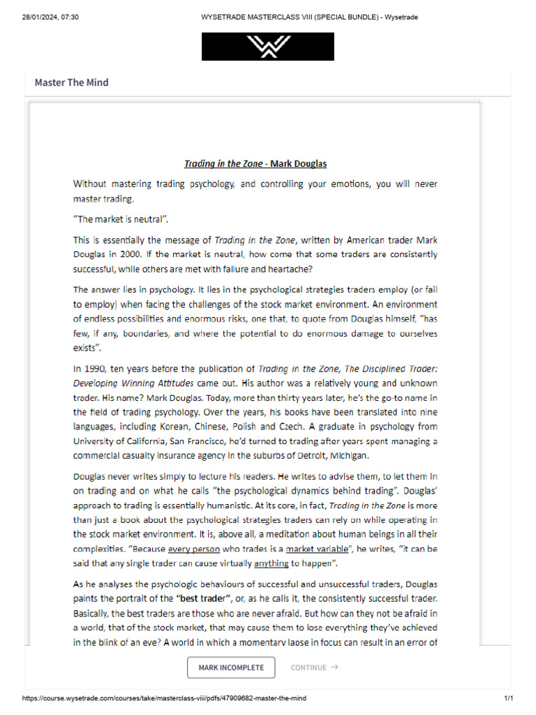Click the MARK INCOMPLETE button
pos(231,668)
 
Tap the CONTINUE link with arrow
pos(314,668)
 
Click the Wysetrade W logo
pos(267,47)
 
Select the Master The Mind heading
pos(71,82)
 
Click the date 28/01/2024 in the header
pos(35,17)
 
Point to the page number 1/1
pos(508,698)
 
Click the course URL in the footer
pos(164,698)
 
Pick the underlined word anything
pos(271,563)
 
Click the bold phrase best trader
pos(205,598)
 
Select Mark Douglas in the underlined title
pos(299,164)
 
